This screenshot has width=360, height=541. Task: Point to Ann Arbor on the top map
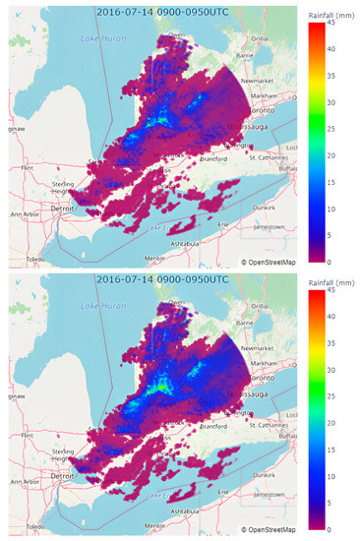[x=25, y=212]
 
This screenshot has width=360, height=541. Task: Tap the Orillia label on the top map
[x=260, y=38]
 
